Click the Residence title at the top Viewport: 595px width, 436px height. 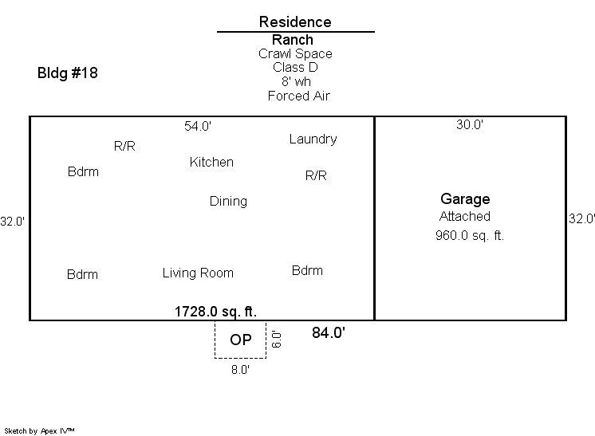(295, 22)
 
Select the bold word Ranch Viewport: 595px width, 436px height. (293, 39)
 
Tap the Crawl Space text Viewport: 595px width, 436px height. (295, 54)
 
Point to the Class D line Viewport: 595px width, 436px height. (295, 67)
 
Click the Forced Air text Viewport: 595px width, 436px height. (298, 96)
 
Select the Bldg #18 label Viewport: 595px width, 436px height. (68, 73)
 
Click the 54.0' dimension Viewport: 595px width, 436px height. (198, 126)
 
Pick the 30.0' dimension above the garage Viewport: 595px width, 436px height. (470, 124)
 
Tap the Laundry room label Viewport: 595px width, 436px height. (313, 139)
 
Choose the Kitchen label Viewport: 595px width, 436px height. (211, 162)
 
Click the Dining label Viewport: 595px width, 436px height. (228, 202)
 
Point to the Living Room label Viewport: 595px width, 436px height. (198, 273)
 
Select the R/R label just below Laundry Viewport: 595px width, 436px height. (316, 175)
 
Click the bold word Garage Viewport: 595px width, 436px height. (465, 199)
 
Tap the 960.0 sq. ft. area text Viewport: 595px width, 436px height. (470, 235)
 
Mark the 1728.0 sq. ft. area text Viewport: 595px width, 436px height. (215, 312)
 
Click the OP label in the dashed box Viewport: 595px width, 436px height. (241, 340)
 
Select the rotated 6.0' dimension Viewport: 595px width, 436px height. (276, 339)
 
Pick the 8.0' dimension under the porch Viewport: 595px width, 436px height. (240, 370)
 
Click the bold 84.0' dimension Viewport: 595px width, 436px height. (329, 332)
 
